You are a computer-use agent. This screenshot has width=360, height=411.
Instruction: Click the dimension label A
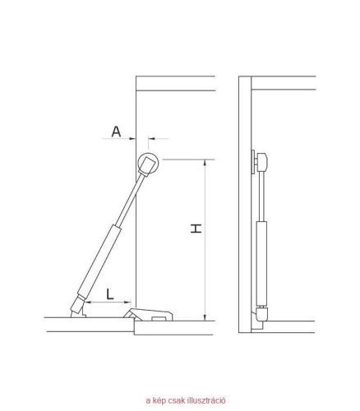pyautogui.click(x=116, y=132)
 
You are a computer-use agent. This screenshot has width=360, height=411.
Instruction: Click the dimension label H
pyautogui.click(x=196, y=229)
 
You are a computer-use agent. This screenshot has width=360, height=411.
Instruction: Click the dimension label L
pyautogui.click(x=110, y=294)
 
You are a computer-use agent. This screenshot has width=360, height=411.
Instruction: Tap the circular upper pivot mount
pyautogui.click(x=148, y=164)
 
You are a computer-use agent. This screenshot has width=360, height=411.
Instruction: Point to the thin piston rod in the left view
pyautogui.click(x=130, y=201)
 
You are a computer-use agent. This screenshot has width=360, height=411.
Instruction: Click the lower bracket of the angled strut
pyautogui.click(x=77, y=308)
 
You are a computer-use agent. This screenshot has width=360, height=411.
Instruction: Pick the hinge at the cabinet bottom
pyautogui.click(x=148, y=315)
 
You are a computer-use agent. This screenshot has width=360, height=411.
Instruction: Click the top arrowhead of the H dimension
pyautogui.click(x=205, y=163)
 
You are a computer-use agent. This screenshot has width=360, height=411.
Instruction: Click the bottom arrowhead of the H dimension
pyautogui.click(x=205, y=317)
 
